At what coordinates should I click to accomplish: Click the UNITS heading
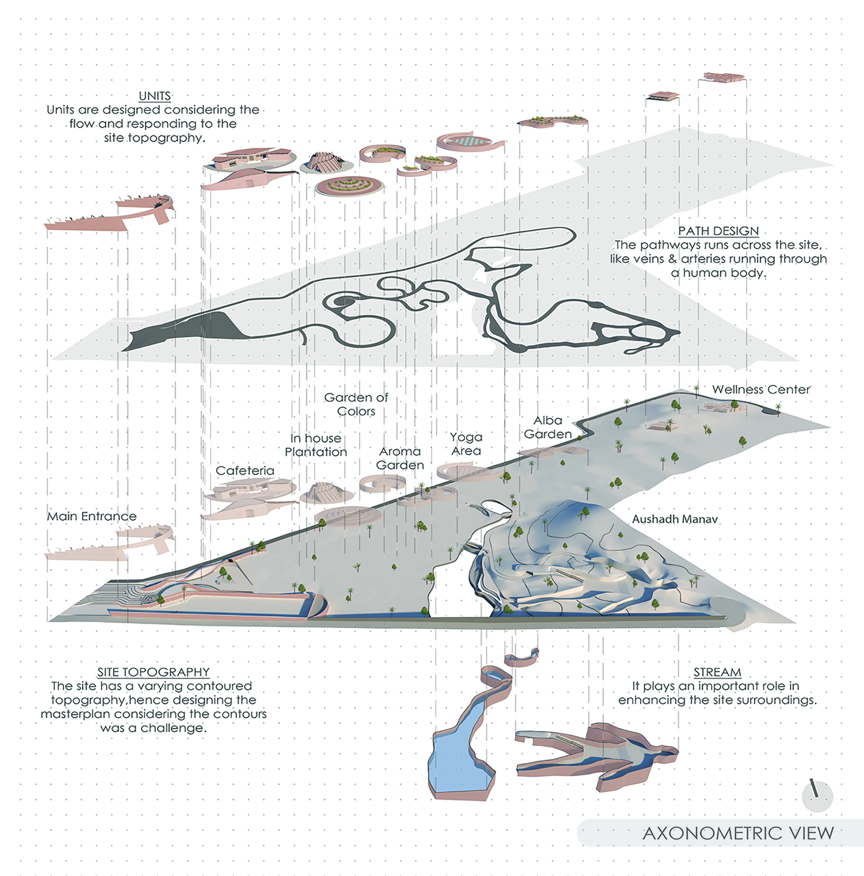coord(155,96)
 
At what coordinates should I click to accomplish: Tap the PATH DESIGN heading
coord(718,231)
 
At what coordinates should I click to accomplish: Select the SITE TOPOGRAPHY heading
coord(153,672)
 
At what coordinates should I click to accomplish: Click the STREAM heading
coord(717,672)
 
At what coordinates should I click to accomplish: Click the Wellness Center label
coord(761,389)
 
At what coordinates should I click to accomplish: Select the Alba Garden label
coord(548,427)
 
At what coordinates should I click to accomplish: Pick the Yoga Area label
coord(466,444)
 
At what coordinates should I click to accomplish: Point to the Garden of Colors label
coord(356,405)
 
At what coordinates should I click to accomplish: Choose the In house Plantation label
coord(316,445)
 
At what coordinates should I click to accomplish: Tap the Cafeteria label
coord(245,471)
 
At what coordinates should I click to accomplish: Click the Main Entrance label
coord(91,516)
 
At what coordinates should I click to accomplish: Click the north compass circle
coord(817,797)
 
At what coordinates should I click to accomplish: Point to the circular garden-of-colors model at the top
coord(349,185)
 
